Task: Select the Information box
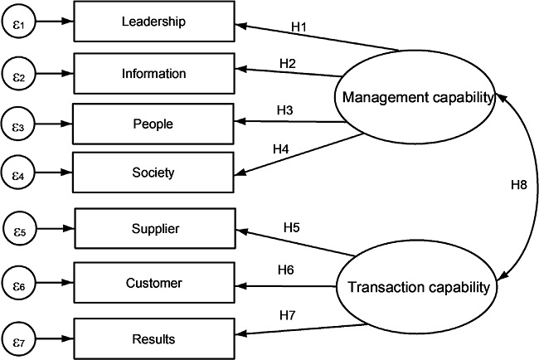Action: [154, 73]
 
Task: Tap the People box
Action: [154, 123]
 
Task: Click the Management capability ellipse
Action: [414, 98]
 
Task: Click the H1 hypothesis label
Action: [299, 27]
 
